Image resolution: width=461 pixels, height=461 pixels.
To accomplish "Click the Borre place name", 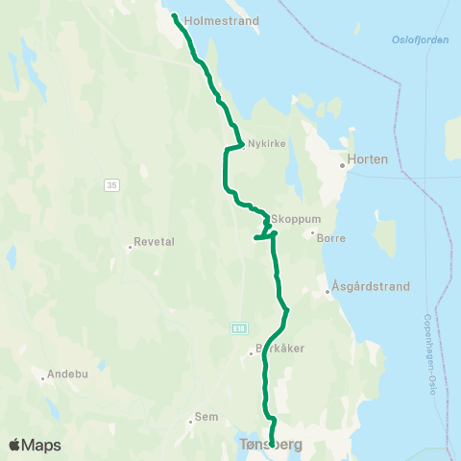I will (x=330, y=237).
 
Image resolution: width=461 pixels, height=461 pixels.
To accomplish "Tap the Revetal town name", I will (x=154, y=242).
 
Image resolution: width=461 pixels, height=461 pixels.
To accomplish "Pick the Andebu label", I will (x=67, y=373).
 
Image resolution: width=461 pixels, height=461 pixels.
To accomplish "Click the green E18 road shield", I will (x=237, y=328).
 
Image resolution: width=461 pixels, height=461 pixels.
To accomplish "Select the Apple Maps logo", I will (x=35, y=445).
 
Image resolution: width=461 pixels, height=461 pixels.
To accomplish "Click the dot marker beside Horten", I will (x=341, y=164).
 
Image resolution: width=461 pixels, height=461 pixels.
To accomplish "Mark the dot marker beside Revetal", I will (x=130, y=247).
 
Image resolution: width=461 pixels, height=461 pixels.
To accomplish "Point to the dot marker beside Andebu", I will (x=43, y=377).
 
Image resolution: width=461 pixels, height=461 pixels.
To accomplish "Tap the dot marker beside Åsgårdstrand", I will (x=328, y=291).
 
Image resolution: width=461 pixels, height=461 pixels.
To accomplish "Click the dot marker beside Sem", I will (x=191, y=421).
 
